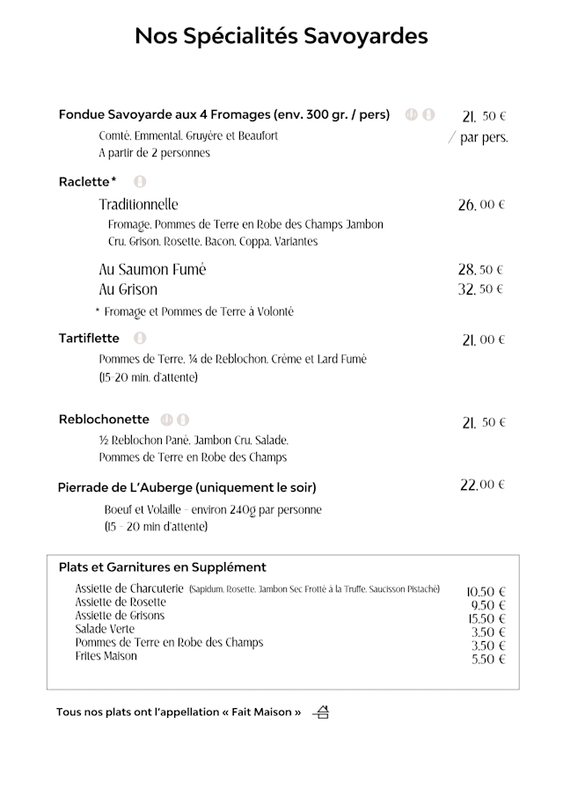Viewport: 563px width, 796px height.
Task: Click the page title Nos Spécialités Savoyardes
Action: (281, 36)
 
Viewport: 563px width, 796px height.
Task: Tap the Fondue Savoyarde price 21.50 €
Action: (484, 116)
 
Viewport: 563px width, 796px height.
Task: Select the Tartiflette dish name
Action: (89, 338)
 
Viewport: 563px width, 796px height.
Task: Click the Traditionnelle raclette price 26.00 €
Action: (481, 205)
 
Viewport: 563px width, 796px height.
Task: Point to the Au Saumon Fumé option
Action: (152, 269)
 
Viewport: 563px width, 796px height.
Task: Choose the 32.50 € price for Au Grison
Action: (481, 289)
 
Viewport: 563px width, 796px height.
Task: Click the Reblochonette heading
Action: (104, 420)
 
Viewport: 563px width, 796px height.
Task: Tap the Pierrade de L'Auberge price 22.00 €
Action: (483, 485)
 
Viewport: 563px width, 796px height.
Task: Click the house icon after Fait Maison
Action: (321, 712)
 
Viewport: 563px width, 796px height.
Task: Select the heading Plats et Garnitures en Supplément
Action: (162, 567)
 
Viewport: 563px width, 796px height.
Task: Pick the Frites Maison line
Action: (106, 656)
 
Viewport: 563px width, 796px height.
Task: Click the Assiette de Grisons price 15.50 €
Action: (486, 619)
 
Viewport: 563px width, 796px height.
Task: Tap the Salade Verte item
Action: (105, 630)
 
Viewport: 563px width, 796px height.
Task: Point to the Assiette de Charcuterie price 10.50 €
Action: (486, 592)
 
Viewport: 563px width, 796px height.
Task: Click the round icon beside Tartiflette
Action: (140, 338)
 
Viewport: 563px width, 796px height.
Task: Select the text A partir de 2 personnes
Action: (154, 153)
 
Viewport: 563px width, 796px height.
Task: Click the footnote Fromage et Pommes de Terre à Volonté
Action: (194, 311)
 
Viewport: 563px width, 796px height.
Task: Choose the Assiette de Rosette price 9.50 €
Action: (488, 606)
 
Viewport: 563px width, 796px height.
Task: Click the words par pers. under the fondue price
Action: (484, 138)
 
